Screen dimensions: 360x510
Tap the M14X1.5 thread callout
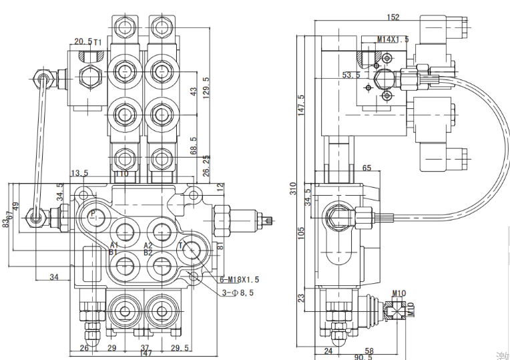(x=393, y=39)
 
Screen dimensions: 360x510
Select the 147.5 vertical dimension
(x=301, y=104)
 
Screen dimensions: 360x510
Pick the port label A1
(x=114, y=246)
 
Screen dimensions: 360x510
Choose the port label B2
(x=148, y=252)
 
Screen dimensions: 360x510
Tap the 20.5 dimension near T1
(x=83, y=42)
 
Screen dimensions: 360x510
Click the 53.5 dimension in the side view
(x=350, y=75)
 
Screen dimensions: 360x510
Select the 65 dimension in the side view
(x=366, y=168)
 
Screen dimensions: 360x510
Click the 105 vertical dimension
(x=301, y=232)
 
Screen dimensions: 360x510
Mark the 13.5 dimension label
(x=79, y=173)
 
